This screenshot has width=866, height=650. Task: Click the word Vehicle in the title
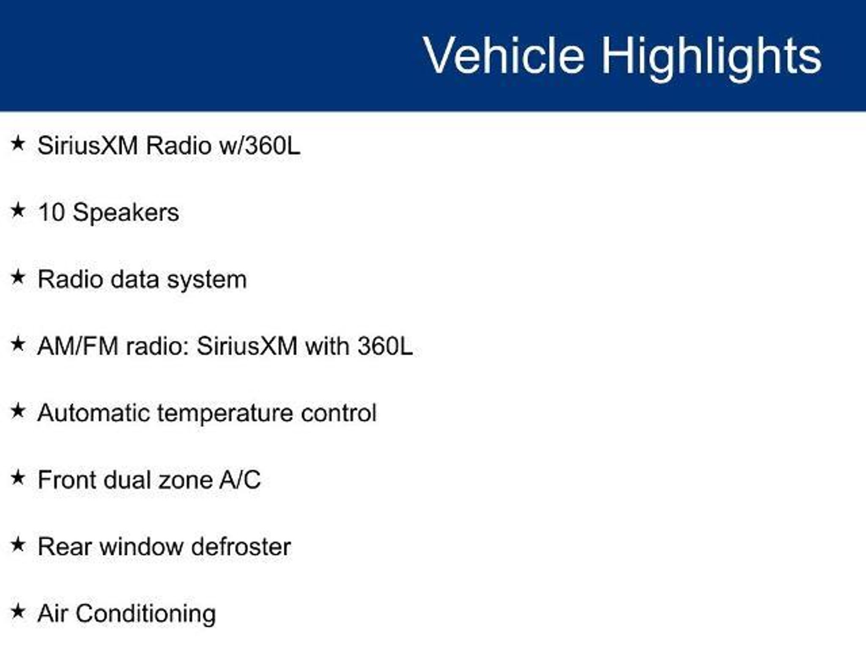tap(504, 55)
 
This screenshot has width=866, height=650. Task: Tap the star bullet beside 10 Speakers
tap(18, 210)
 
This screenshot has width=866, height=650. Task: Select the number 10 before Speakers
tap(51, 212)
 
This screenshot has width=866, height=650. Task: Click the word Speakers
tap(126, 213)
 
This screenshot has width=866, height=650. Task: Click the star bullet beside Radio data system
tap(18, 277)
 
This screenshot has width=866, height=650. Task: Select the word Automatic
tap(93, 413)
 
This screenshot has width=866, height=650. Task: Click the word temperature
tap(225, 414)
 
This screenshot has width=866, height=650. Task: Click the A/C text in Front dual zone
tap(240, 480)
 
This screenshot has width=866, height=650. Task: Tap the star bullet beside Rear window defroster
tap(18, 545)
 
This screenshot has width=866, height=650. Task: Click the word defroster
tap(241, 547)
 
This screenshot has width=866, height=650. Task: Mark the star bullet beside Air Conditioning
tap(18, 611)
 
